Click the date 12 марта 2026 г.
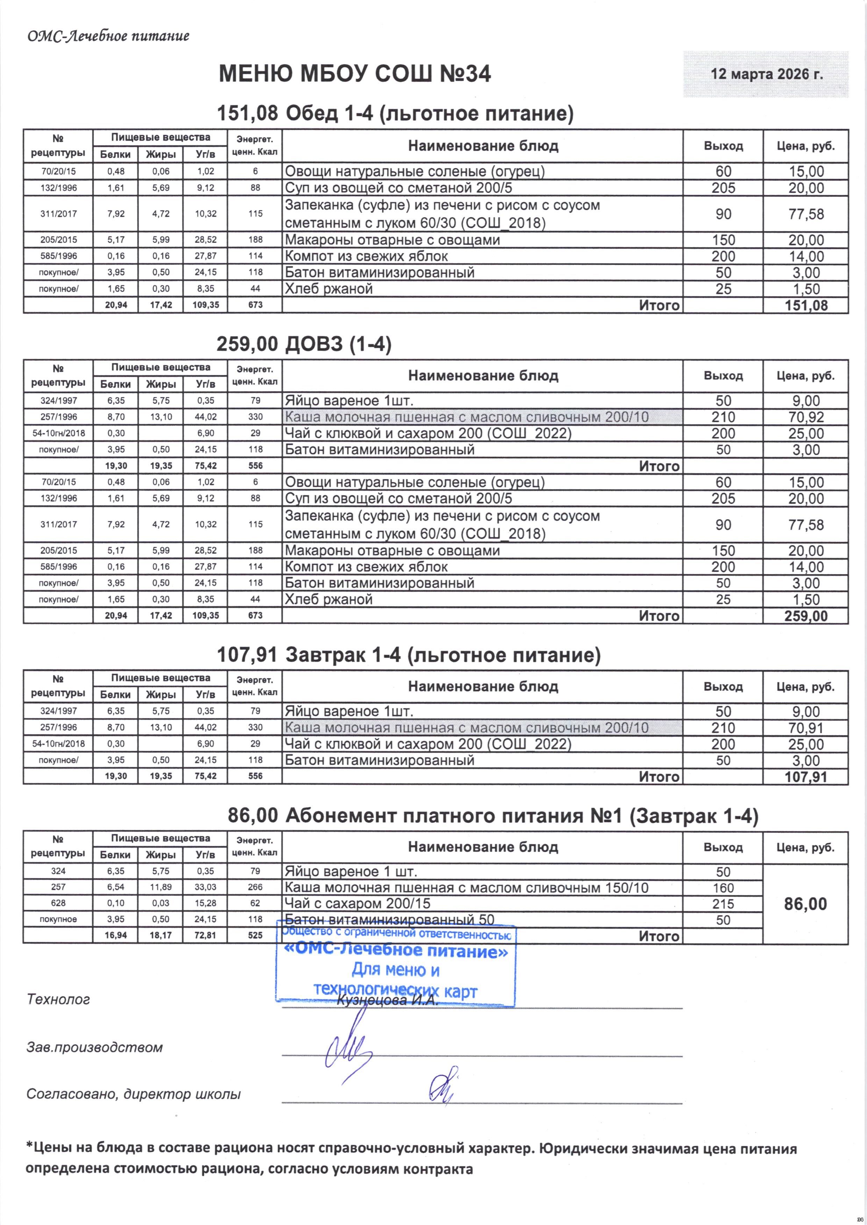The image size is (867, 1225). [766, 74]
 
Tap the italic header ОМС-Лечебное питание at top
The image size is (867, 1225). [108, 36]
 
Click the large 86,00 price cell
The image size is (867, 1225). [805, 904]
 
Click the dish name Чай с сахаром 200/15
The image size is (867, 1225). [357, 903]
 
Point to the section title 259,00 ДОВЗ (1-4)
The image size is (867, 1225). [304, 345]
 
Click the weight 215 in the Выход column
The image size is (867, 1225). [723, 904]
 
